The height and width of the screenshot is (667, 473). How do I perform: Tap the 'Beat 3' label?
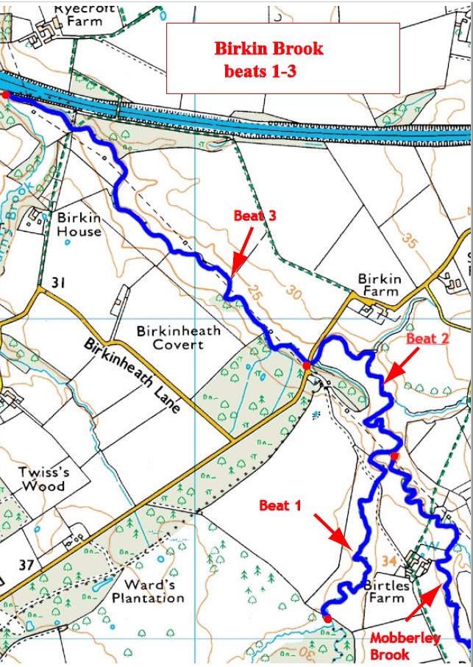coord(255,215)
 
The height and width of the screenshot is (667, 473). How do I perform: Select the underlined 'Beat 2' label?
coord(427,338)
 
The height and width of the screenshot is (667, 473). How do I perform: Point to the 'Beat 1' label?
coord(280,505)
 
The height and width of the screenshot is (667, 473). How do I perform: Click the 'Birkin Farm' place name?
coord(380,285)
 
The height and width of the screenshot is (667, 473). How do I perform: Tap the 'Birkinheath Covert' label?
coord(178,337)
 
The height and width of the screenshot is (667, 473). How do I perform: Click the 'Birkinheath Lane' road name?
coord(132,376)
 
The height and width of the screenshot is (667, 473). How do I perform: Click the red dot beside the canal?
coord(6,94)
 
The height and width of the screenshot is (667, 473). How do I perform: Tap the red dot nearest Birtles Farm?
coord(327,618)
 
